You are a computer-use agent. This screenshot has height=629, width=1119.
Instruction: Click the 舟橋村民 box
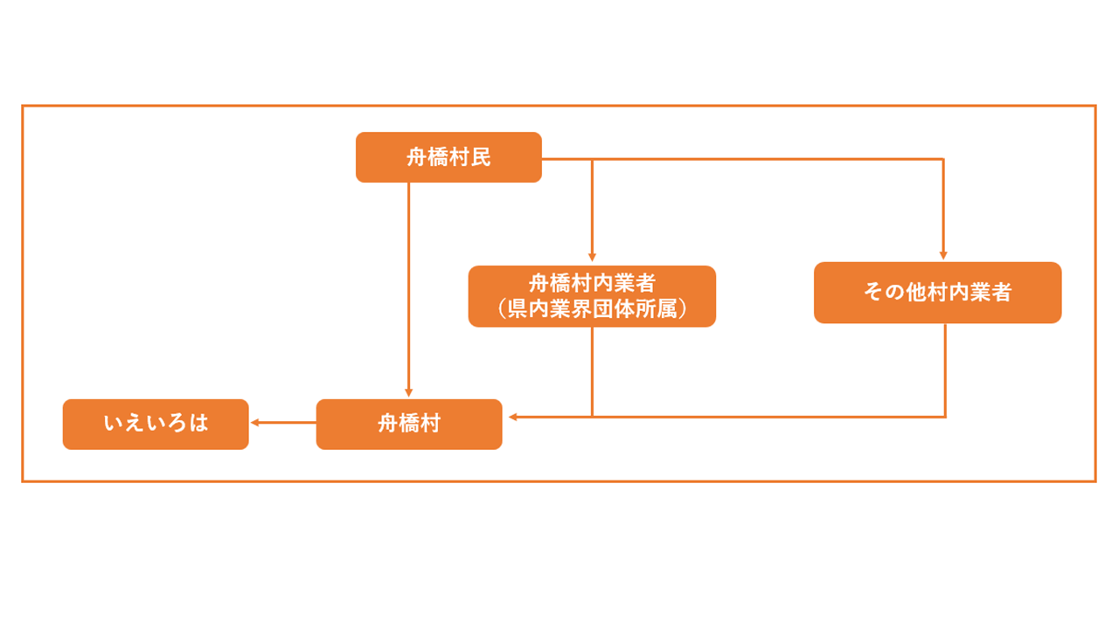coord(448,157)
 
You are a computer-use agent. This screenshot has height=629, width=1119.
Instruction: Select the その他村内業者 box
coord(937,293)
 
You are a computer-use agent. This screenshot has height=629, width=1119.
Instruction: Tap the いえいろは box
coord(156,424)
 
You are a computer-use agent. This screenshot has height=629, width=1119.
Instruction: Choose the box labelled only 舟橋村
coord(409,424)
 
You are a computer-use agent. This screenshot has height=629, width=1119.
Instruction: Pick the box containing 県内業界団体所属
coord(592,296)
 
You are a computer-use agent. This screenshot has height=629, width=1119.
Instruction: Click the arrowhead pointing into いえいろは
coord(255,423)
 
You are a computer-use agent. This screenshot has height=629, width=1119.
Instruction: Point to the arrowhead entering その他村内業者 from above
coord(943,257)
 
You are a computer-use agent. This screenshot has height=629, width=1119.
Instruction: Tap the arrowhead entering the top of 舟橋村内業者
coord(592,259)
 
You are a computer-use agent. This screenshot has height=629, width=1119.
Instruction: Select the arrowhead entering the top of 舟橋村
coord(408,393)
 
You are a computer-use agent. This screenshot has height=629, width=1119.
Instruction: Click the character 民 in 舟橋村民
coord(480,157)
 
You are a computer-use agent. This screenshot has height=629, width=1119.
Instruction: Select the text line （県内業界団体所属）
coord(592,309)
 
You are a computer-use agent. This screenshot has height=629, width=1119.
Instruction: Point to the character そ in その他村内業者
coord(872,293)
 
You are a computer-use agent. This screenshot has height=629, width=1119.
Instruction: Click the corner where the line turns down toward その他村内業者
coord(943,159)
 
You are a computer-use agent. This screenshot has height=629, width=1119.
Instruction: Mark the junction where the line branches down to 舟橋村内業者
coord(592,159)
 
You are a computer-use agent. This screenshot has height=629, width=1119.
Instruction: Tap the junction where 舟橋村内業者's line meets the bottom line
coord(592,417)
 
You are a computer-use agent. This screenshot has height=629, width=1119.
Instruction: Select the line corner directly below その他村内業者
coord(945,417)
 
